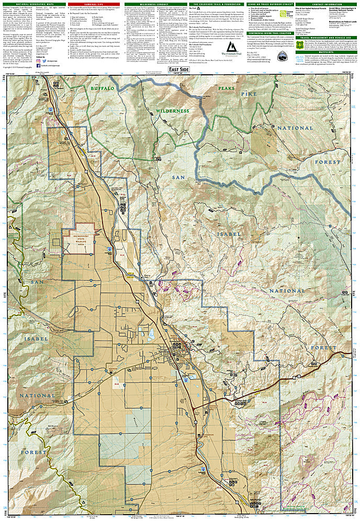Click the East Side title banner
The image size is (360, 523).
click(x=179, y=70)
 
